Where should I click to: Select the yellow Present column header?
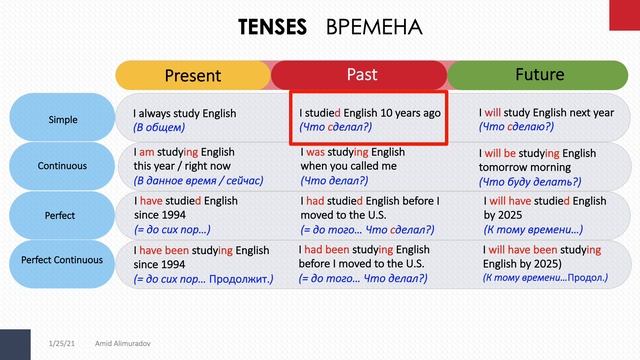coord(192,75)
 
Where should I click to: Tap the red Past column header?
coord(361,75)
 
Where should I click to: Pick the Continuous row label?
coord(62,166)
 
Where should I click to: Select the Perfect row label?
coord(62,213)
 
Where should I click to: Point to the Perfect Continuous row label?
coord(62,260)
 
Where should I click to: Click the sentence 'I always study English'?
coord(184,113)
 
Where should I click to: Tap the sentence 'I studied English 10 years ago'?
coord(370,113)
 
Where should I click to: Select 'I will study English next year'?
coord(546,113)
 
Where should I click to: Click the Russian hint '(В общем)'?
coord(158,128)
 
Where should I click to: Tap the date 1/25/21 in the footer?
coord(62,343)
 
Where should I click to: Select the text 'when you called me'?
coord(348,166)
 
